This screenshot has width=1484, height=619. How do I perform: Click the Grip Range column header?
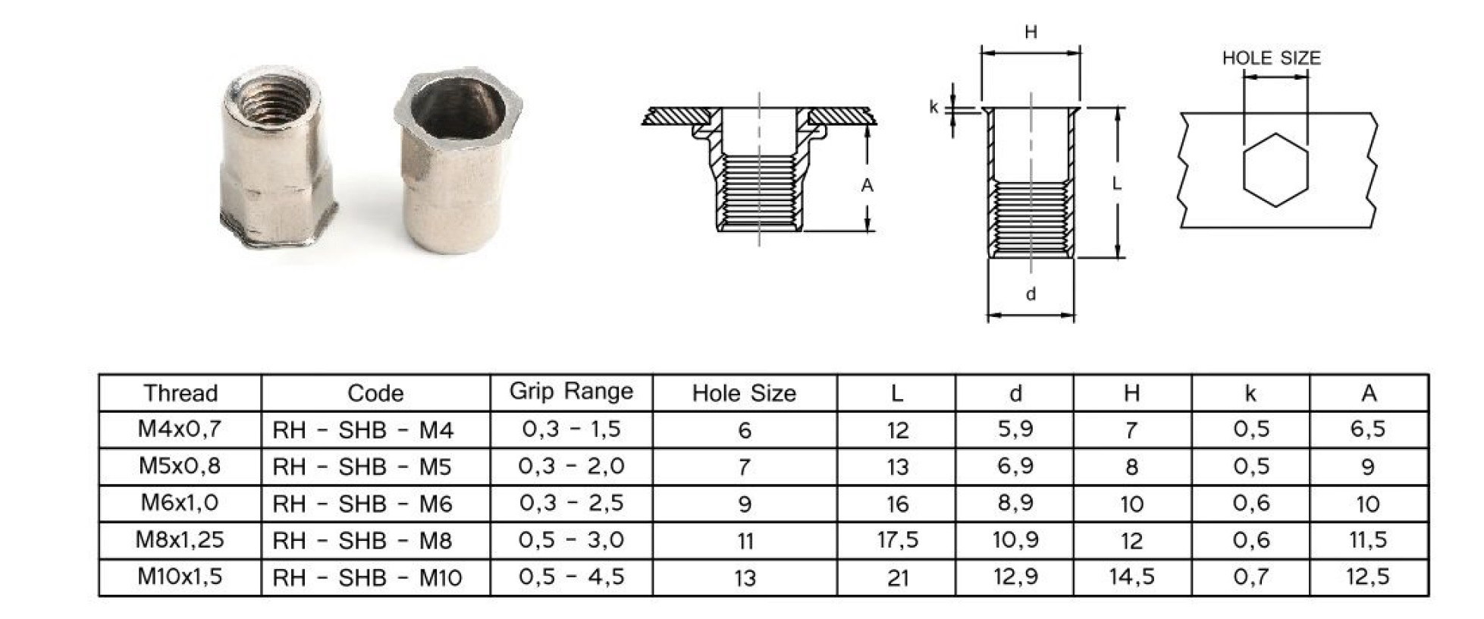(571, 391)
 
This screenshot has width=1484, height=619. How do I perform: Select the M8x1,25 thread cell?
(180, 539)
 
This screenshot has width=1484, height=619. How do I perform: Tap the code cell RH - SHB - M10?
(367, 577)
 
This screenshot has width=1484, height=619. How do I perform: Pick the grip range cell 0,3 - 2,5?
(571, 502)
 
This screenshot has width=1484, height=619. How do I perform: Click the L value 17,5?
(897, 539)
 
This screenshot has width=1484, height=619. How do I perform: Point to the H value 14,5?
(1131, 577)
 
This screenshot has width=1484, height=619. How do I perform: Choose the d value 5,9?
(1015, 429)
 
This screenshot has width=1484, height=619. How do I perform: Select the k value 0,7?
(1250, 577)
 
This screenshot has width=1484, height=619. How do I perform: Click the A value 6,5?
(1367, 429)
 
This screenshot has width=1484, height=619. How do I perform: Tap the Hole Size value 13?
(745, 577)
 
